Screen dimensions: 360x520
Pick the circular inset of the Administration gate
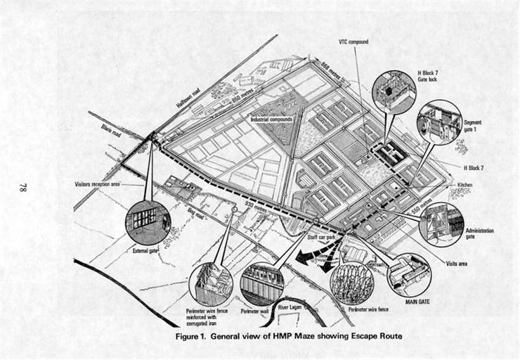coord(441,225)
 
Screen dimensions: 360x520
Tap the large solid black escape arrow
coord(308,254)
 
